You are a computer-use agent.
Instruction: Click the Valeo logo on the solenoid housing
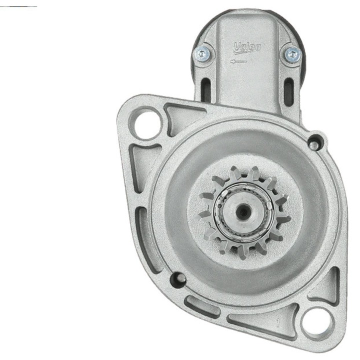(247, 47)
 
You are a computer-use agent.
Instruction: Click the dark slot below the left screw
(205, 90)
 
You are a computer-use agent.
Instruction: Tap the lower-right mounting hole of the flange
(316, 320)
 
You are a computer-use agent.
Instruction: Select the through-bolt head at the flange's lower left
(178, 278)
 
